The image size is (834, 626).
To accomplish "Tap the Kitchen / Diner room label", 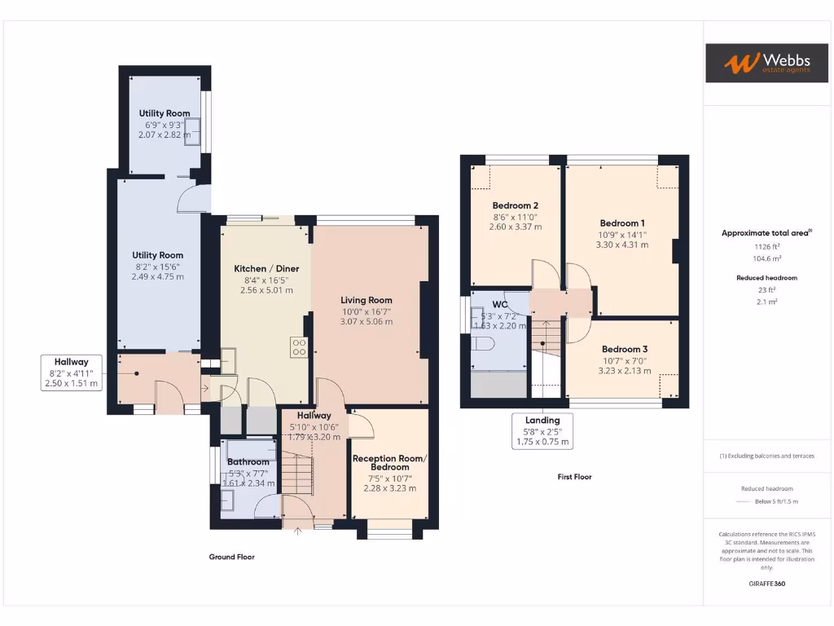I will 266,269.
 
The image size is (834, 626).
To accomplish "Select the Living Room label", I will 367,300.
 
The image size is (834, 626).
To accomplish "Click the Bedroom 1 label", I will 622,223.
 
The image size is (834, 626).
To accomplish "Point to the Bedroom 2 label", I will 515,205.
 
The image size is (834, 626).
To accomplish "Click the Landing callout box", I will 542,431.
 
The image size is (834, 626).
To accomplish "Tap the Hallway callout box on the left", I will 72,373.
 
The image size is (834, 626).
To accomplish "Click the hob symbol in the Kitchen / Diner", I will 299,348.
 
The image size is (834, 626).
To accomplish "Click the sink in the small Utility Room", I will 193,135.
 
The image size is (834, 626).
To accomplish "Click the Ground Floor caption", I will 231,557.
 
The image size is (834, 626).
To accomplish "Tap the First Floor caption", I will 574,477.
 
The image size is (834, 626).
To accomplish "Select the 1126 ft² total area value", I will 766,245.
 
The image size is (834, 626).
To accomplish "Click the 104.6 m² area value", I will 766,258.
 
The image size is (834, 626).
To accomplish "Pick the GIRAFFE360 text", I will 766,584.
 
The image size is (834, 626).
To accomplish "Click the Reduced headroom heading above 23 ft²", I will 766,278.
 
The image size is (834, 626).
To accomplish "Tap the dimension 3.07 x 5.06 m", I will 367,321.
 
